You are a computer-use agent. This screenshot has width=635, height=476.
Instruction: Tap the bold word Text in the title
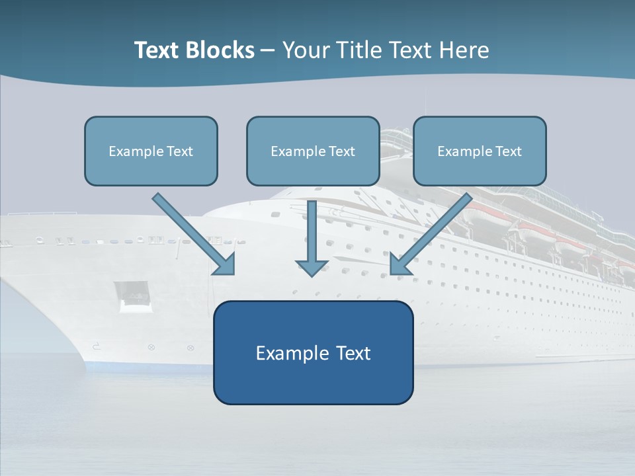pyautogui.click(x=159, y=50)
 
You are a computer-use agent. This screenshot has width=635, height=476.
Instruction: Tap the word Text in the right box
pyautogui.click(x=508, y=151)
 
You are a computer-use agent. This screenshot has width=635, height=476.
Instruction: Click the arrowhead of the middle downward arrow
pyautogui.click(x=312, y=267)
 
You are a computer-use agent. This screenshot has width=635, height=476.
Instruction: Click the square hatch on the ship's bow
pyautogui.click(x=132, y=296)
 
